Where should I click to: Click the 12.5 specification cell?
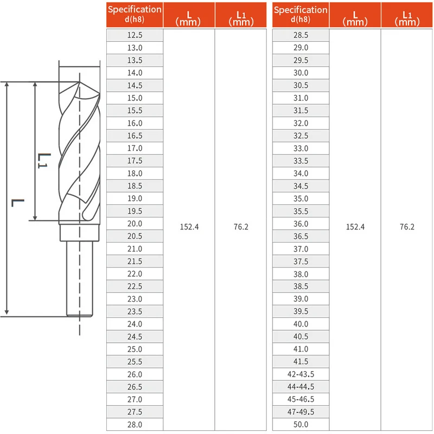coord(135,35)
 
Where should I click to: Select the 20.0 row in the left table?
coord(135,224)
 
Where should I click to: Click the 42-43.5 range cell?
coord(301,374)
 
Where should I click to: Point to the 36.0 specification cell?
coord(301,224)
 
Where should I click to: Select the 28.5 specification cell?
coord(301,35)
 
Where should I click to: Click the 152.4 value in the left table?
coord(189,227)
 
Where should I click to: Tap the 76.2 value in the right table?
coord(407,227)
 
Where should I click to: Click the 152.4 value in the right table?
coord(355,227)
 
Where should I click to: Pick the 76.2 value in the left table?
coord(241,227)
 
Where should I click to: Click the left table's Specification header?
coord(135,15)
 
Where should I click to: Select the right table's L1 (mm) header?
coord(407,15)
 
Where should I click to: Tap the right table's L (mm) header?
coord(355,15)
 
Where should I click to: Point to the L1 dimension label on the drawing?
coord(44,159)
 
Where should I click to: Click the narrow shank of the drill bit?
coord(79,277)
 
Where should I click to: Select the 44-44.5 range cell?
coord(301,387)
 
